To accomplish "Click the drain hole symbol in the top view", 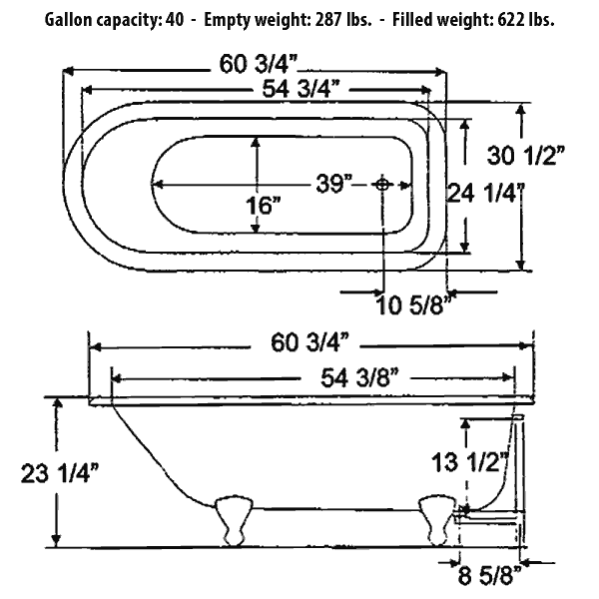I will pos(382,184).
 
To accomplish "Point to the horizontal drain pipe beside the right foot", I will pos(491,516).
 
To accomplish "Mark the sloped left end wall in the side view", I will pos(150,449).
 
